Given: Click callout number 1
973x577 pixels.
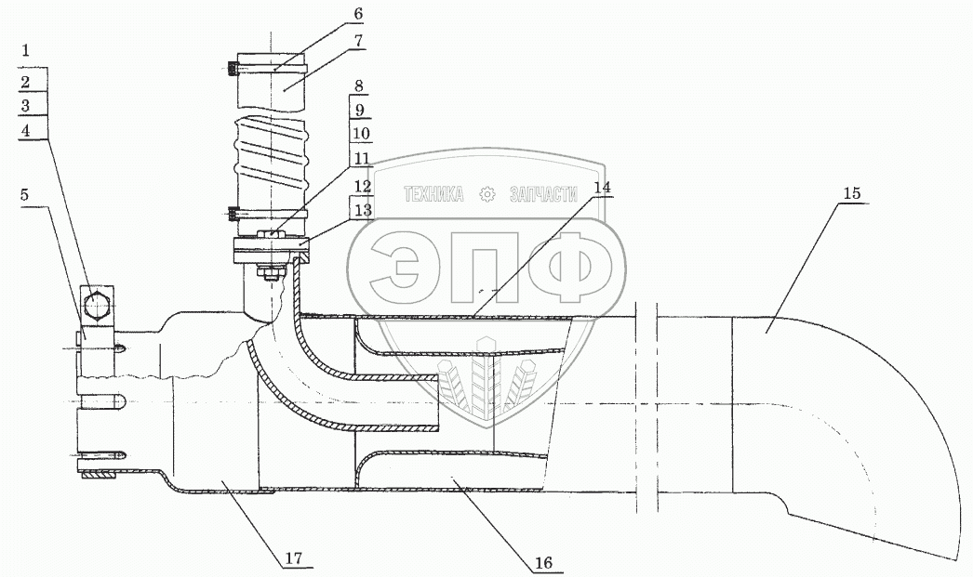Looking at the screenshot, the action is coord(25,50).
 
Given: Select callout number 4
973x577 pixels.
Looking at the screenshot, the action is coord(25,131).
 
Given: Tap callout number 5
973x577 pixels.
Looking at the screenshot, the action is coord(24,194).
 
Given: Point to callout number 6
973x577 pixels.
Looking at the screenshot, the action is coord(359,14).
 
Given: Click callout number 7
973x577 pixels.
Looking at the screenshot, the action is coord(359,41).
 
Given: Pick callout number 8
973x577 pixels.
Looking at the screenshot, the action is coord(359,86).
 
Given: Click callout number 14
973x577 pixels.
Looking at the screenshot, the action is coord(602,187).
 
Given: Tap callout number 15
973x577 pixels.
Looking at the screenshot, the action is coord(852,193).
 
